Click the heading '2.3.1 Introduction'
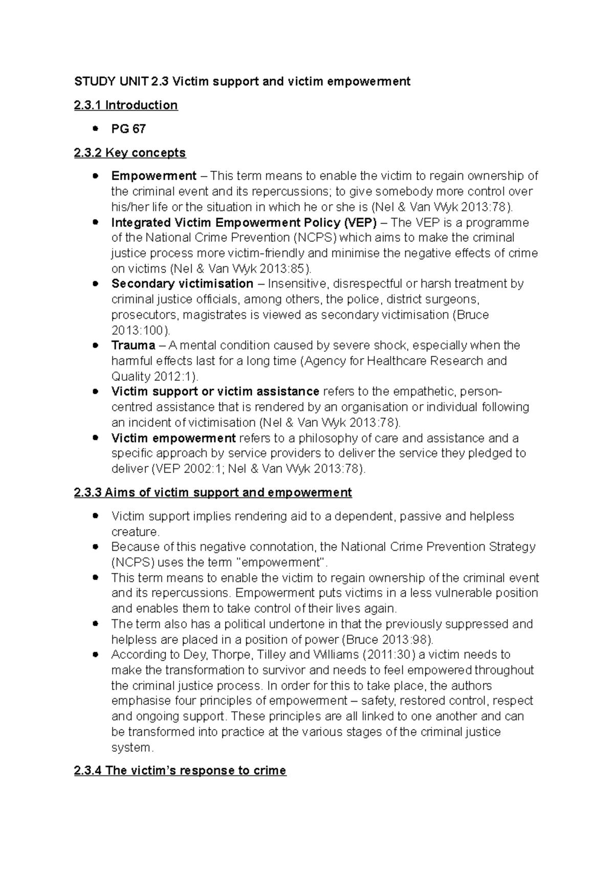(126, 105)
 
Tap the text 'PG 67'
(128, 129)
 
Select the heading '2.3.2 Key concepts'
(130, 153)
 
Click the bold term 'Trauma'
(133, 345)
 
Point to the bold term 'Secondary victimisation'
(182, 284)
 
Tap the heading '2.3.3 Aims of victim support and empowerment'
(213, 492)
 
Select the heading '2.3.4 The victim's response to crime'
(180, 770)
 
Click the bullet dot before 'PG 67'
(95, 129)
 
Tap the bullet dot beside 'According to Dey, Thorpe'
(95, 655)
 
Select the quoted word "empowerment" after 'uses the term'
(283, 562)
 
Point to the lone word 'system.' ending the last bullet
(132, 747)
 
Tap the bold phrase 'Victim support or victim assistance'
(215, 392)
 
